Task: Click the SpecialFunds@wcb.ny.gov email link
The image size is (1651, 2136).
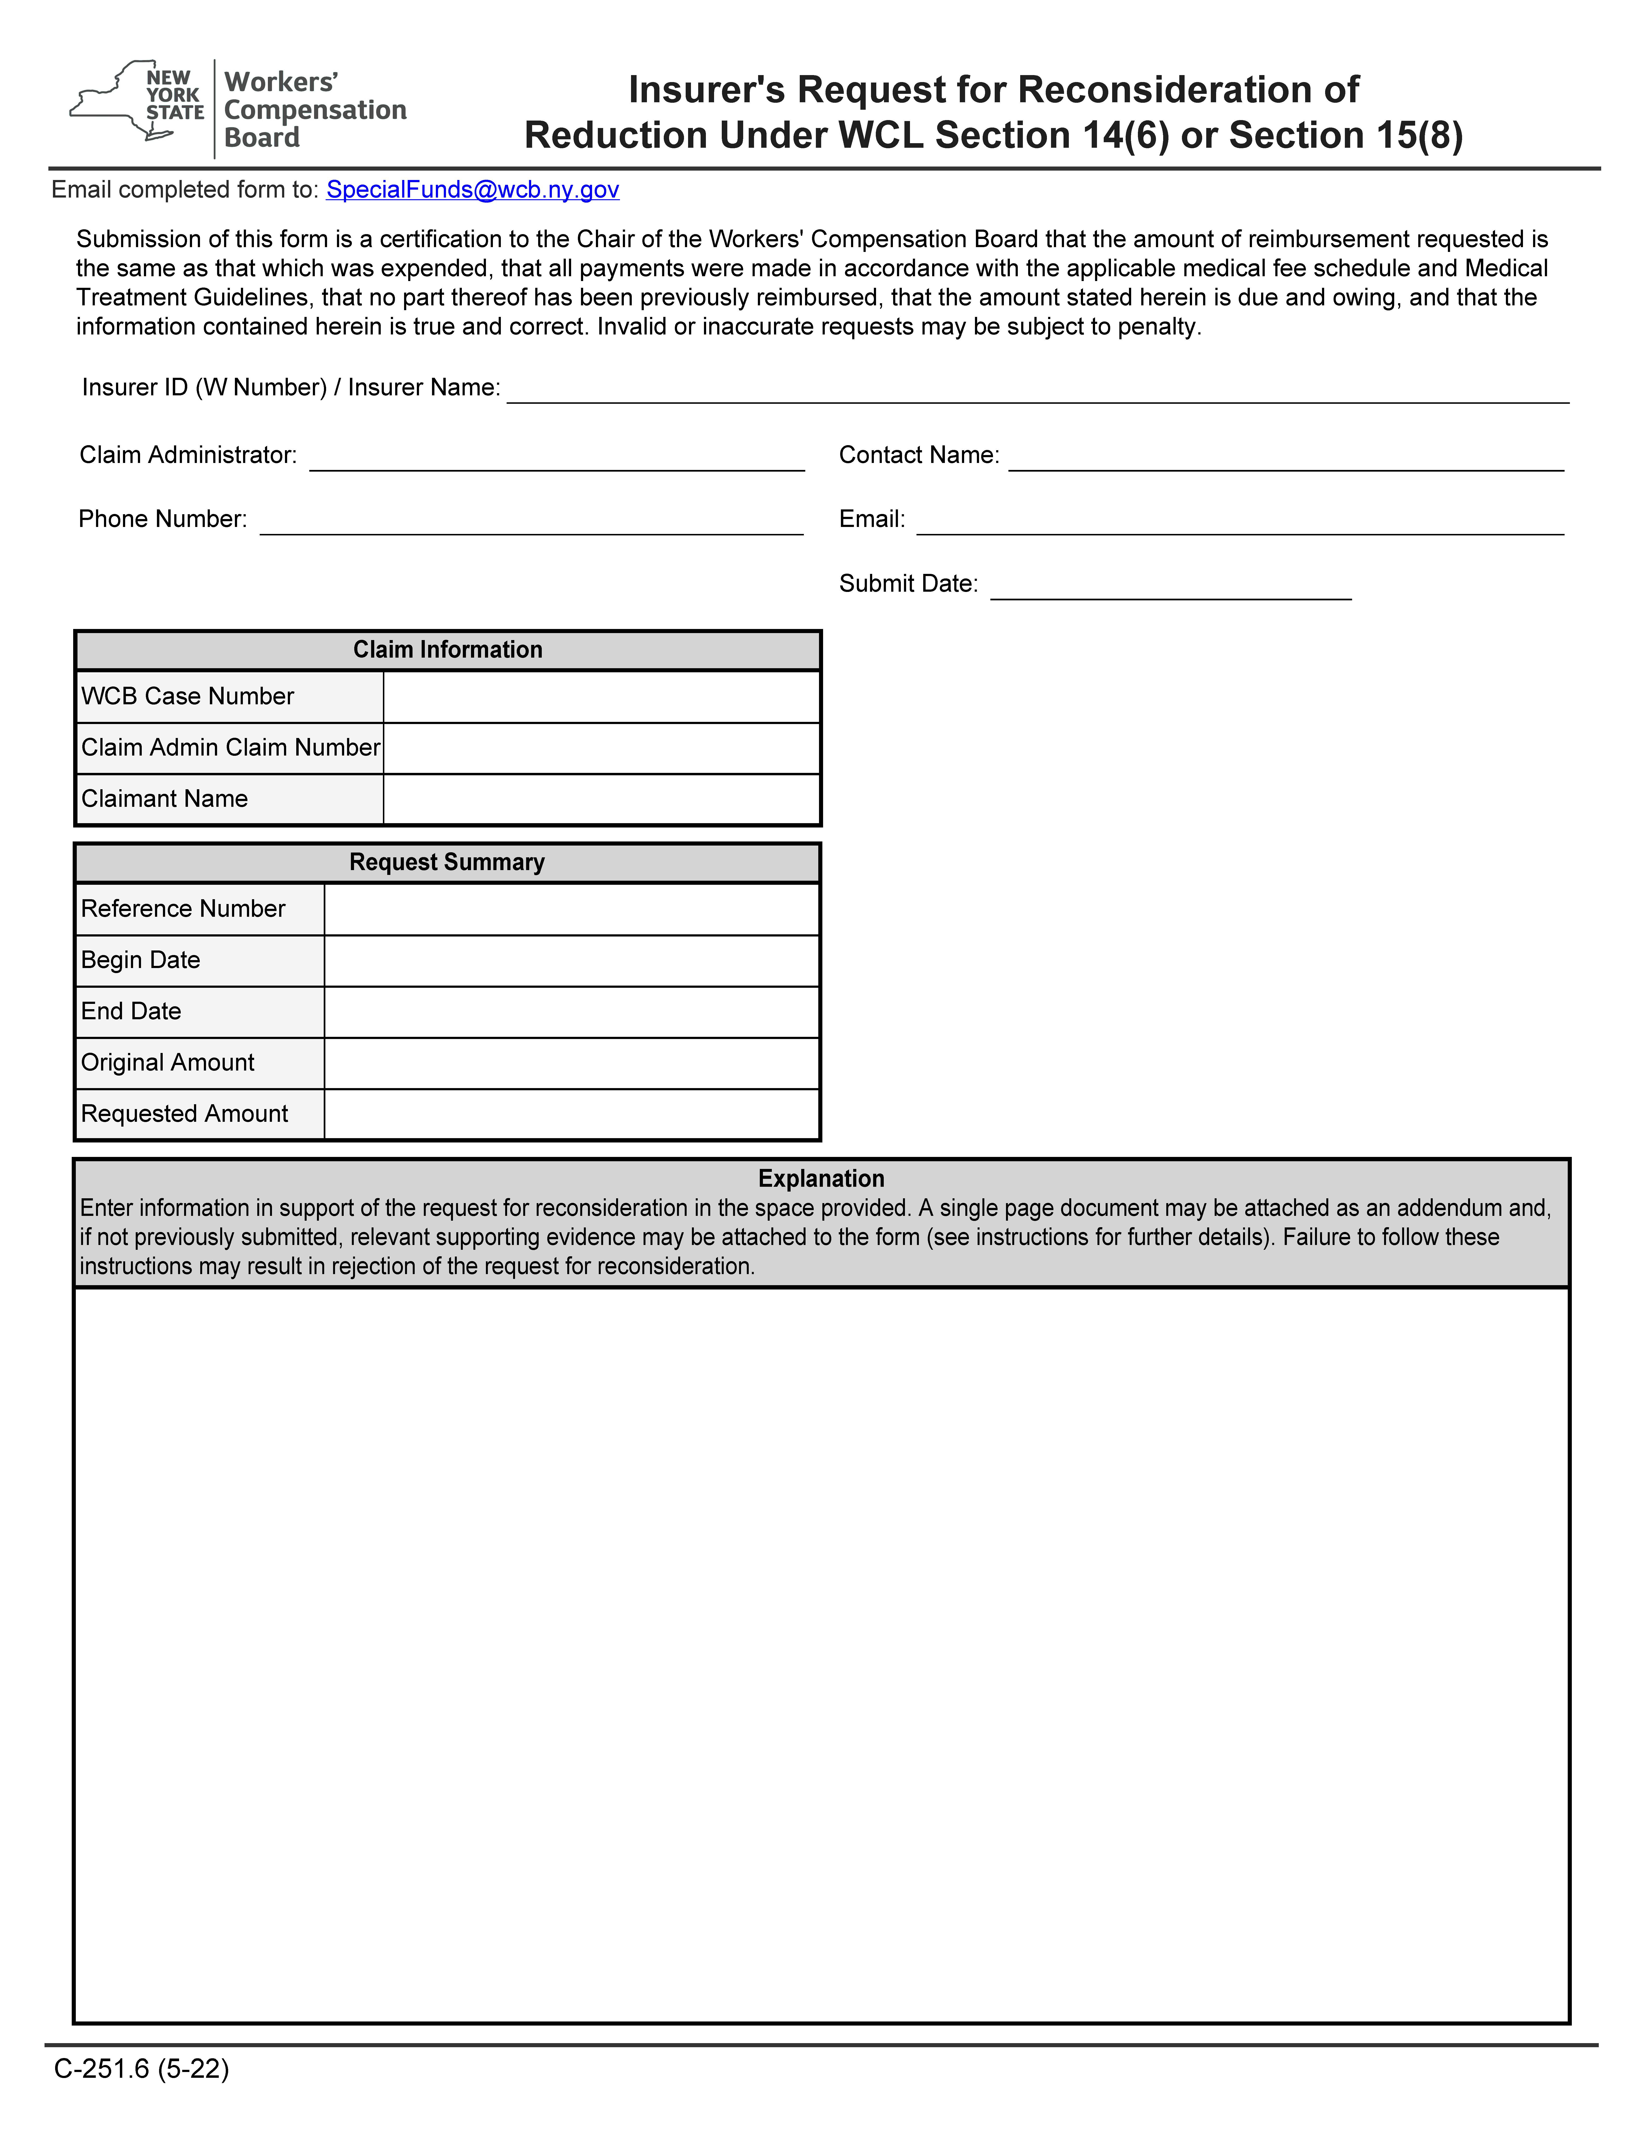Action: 472,190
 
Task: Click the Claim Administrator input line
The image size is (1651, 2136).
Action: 556,458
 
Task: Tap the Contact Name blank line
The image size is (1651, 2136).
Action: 1285,458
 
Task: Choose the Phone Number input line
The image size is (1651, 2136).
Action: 531,521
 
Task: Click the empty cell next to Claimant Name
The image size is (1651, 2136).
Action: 601,799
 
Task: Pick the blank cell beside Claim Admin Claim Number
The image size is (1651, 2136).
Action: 601,748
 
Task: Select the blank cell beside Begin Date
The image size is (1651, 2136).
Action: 571,960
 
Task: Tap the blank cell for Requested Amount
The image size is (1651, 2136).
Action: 571,1114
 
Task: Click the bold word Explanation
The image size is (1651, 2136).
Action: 822,1179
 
